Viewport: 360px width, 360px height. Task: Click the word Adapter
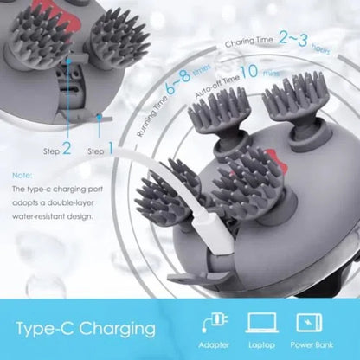[x=212, y=346]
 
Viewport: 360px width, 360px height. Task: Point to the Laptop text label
[x=262, y=346]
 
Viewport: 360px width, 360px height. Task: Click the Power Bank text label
[x=313, y=346]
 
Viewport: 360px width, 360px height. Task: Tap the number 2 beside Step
[x=67, y=150]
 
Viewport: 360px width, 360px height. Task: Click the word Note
[x=23, y=173]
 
